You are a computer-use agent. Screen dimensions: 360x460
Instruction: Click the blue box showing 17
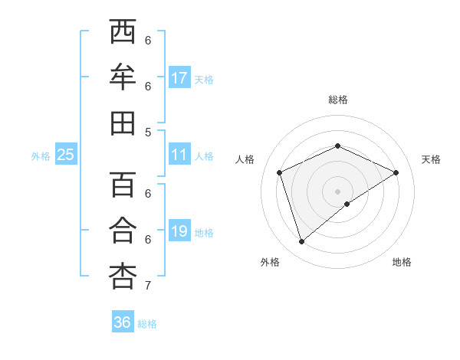coord(179,78)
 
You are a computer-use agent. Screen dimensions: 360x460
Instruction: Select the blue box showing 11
coord(179,155)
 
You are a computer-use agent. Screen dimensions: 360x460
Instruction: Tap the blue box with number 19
coord(179,231)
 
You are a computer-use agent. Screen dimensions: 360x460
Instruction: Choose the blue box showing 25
coord(65,155)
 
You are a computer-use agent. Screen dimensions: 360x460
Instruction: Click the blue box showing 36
coord(122,322)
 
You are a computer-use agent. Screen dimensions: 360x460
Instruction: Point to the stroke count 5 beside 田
coord(148,132)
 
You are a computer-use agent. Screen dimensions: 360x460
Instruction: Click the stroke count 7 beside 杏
coord(148,286)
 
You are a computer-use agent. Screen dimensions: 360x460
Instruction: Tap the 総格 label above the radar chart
coord(338,100)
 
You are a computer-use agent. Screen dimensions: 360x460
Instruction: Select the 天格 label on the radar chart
coord(432,159)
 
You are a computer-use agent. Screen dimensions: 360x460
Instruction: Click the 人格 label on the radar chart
coord(245,159)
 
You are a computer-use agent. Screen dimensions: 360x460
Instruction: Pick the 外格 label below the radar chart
coord(270,262)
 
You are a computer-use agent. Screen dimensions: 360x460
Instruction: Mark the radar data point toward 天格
coord(396,172)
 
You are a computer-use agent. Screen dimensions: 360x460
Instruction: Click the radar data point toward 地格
coord(347,204)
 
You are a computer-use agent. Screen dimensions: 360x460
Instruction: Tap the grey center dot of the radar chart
coord(338,191)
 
